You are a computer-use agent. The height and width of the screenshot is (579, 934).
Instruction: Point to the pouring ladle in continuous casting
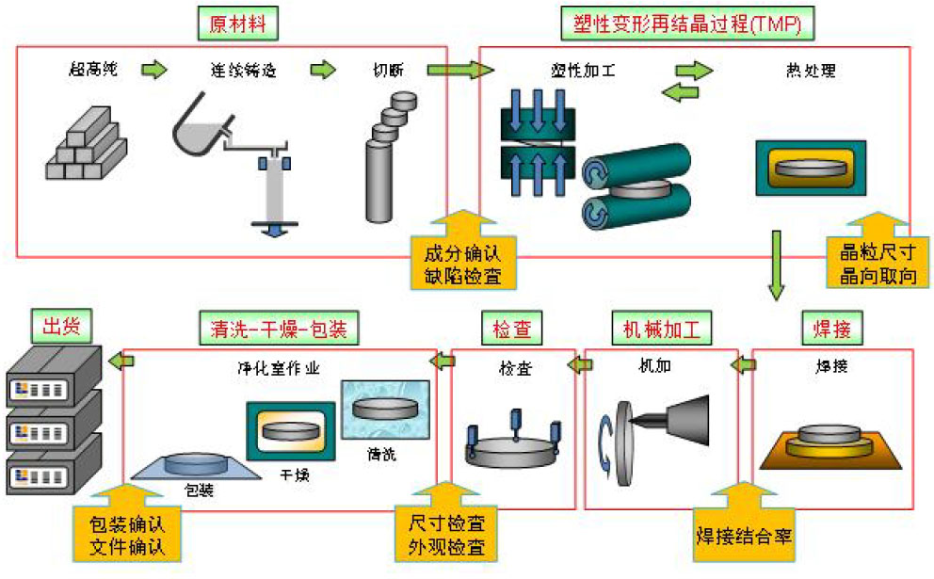coord(201,127)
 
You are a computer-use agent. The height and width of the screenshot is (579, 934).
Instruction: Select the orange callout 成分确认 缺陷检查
coord(461,264)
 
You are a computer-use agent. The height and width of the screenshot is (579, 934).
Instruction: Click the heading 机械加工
coord(661,328)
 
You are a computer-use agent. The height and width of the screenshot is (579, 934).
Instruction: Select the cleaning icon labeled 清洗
coord(386,409)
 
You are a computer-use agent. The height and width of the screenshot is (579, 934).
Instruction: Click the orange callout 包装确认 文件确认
coord(125,533)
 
